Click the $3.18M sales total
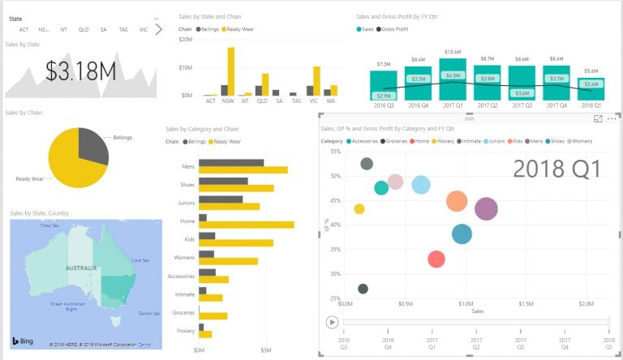80,71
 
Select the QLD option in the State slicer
84,29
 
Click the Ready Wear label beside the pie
29,178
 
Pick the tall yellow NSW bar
231,71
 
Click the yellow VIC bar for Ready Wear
316,80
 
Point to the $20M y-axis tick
185,39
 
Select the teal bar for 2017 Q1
453,78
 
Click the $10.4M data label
453,52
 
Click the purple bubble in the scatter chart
486,209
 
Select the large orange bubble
457,201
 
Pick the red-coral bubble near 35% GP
436,259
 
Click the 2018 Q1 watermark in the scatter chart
556,169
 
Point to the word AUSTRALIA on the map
81,268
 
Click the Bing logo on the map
22,340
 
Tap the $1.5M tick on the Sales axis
526,304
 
